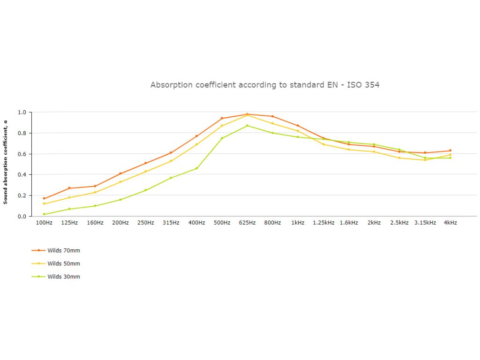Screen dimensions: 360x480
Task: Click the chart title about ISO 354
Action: [265, 85]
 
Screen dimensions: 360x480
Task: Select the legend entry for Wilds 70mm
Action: [63, 250]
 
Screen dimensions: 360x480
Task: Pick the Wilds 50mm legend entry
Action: [63, 263]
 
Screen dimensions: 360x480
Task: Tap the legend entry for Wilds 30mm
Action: [63, 277]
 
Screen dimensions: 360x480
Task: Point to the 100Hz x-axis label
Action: [44, 223]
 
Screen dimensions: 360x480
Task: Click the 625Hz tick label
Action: [247, 223]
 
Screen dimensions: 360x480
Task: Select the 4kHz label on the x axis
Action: [450, 223]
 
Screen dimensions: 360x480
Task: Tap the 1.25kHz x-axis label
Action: [323, 223]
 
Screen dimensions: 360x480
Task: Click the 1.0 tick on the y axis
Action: [22, 112]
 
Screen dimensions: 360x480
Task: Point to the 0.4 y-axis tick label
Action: [22, 175]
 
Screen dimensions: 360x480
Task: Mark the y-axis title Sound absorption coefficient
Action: [6, 162]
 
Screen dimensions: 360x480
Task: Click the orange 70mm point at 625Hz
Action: [247, 114]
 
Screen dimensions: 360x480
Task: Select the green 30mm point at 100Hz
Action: [44, 214]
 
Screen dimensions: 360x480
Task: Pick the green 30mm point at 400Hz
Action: [196, 168]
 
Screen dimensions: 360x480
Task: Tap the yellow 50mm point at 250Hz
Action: [146, 172]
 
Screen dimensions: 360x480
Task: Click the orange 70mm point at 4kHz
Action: [450, 150]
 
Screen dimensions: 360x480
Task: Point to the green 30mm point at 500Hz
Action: [222, 138]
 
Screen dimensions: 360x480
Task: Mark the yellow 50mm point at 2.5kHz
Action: [399, 158]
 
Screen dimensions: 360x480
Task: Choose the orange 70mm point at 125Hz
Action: [69, 188]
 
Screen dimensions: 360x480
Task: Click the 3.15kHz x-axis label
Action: [425, 223]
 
